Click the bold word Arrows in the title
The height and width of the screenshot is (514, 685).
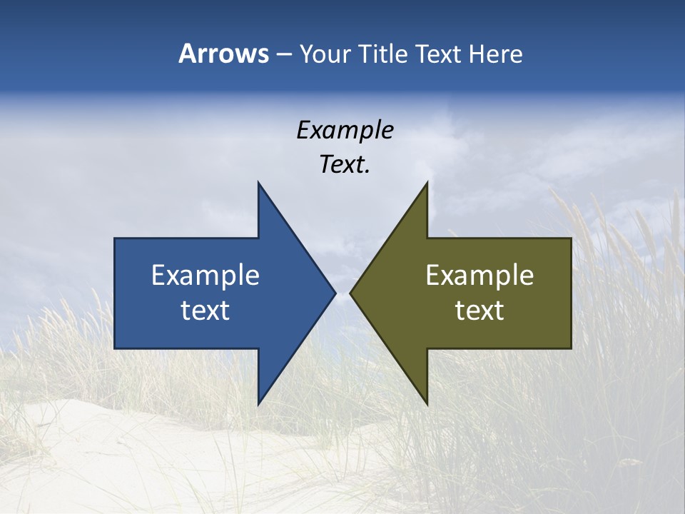(223, 54)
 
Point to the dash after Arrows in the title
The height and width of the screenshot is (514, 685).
(283, 54)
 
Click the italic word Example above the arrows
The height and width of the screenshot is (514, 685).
(345, 130)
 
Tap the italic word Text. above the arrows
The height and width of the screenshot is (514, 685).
(345, 165)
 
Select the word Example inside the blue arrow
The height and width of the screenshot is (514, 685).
(205, 275)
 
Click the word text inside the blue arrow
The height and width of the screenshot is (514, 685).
(205, 311)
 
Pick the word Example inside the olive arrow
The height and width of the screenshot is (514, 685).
(479, 275)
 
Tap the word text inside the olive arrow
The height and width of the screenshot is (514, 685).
(479, 311)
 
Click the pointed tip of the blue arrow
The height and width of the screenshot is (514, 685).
(335, 293)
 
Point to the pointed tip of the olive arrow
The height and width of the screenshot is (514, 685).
(350, 293)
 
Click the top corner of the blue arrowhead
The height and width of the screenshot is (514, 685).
(258, 183)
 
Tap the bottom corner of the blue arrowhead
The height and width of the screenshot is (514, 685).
(258, 404)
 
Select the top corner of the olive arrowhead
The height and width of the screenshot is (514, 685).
(427, 183)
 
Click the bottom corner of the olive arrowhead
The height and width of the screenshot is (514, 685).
(427, 404)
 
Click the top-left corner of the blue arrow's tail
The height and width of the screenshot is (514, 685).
(116, 239)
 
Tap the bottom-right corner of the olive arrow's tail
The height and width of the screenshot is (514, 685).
(570, 348)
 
